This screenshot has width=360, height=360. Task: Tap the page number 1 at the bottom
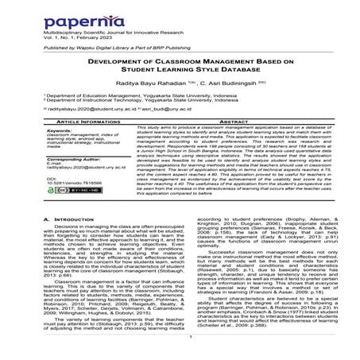click(x=179, y=335)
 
